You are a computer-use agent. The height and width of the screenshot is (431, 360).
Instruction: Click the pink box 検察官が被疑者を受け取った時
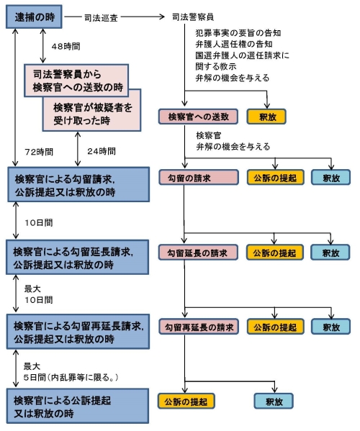click(x=99, y=113)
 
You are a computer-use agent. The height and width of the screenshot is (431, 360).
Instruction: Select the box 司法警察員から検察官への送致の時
click(x=78, y=80)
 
